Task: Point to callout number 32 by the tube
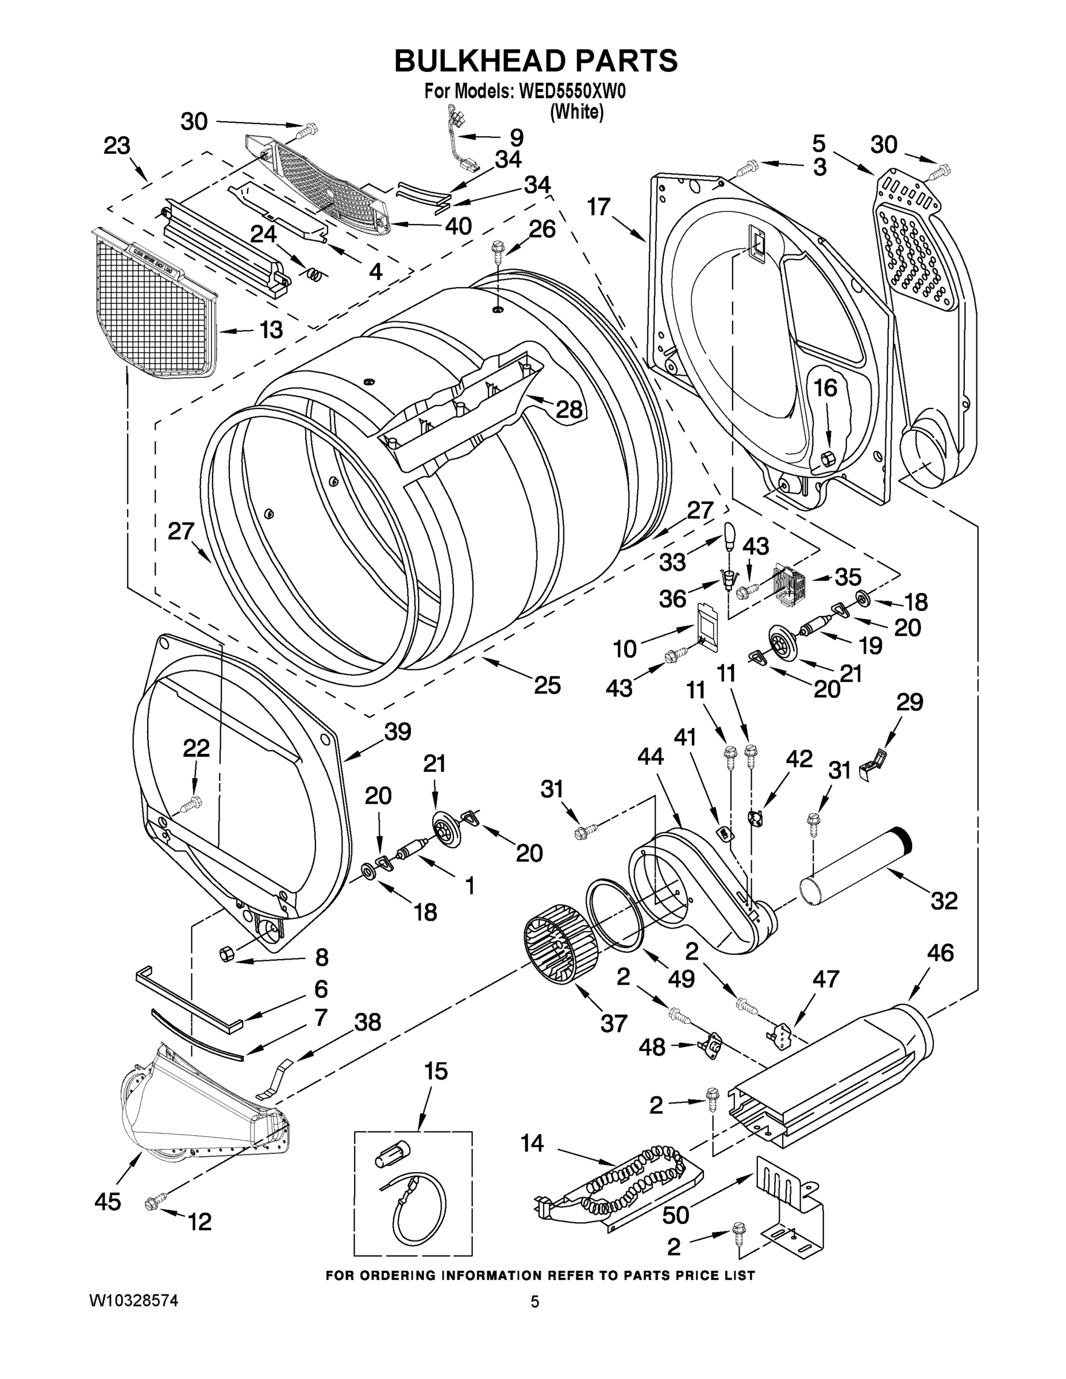pos(944,900)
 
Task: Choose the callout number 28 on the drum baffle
pos(568,410)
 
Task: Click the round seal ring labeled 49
pos(613,914)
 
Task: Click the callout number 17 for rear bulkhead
pos(599,206)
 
